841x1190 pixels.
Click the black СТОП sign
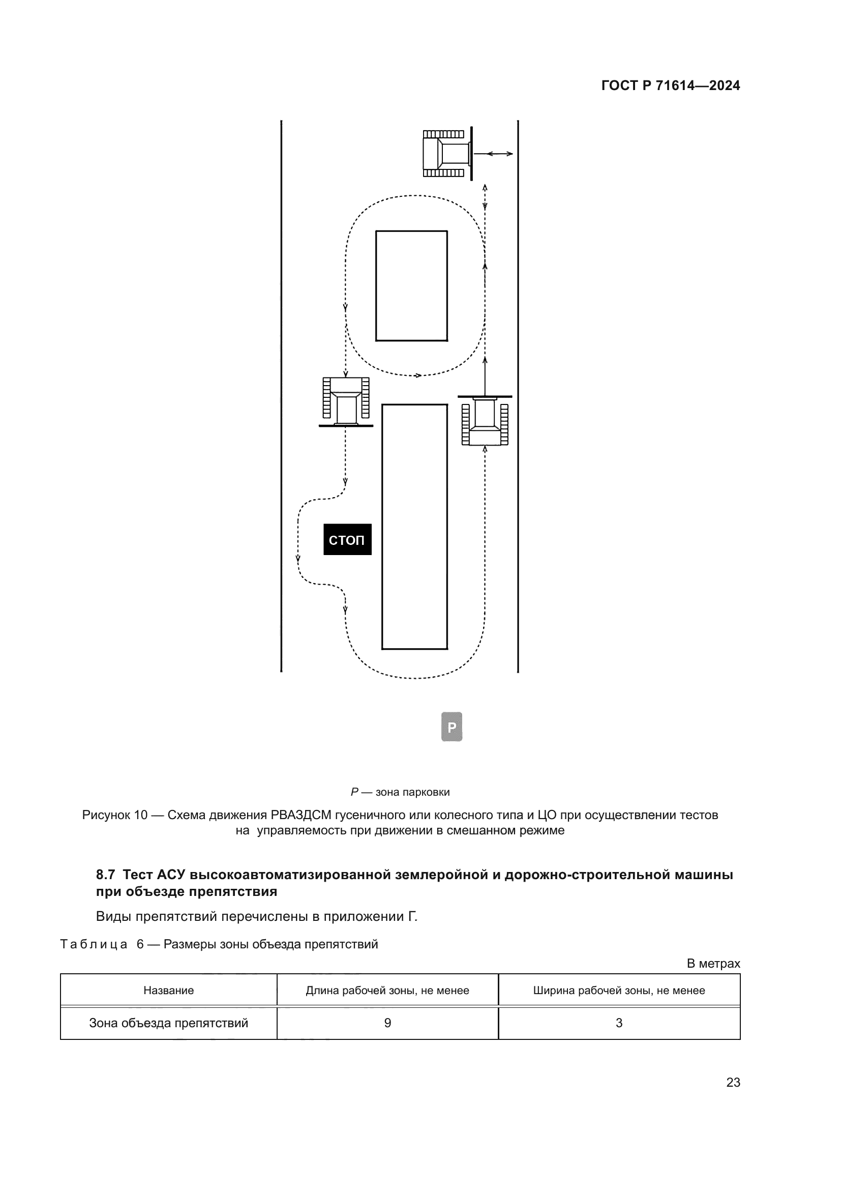click(347, 539)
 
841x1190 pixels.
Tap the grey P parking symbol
click(452, 727)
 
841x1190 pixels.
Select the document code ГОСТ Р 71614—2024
click(671, 85)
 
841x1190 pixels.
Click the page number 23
click(733, 1082)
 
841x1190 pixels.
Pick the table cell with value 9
click(387, 1023)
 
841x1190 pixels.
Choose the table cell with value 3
click(619, 1023)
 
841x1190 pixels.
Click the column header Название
click(168, 991)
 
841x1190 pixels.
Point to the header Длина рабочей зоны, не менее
click(387, 991)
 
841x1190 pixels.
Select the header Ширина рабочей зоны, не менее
click(619, 991)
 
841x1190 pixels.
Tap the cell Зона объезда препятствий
click(168, 1023)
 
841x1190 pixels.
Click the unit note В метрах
click(713, 964)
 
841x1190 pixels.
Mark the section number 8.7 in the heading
click(105, 875)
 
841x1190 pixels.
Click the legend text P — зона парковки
click(400, 792)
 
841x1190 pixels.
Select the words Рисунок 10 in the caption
click(114, 815)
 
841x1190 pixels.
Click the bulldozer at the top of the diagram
click(446, 154)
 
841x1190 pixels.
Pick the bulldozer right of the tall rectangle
click(485, 420)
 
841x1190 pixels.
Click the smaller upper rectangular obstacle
click(411, 285)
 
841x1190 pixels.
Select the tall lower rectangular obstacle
click(414, 527)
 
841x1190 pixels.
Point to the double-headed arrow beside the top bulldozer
click(493, 154)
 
